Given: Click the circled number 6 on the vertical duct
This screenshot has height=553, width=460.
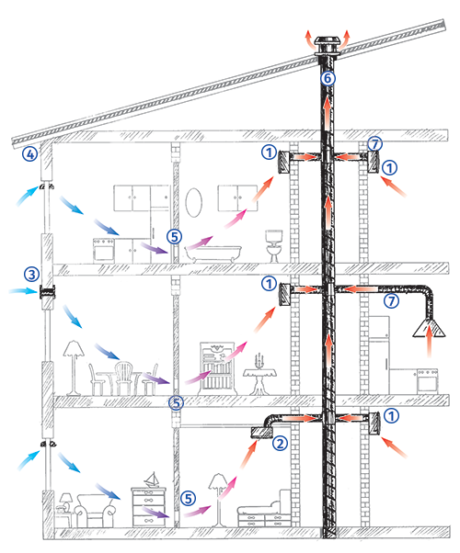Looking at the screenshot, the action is (328, 78).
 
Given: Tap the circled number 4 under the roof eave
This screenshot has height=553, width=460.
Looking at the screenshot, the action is (30, 153).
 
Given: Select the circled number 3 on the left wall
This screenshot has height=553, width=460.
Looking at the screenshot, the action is (32, 274).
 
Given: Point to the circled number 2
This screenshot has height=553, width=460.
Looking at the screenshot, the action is (281, 443).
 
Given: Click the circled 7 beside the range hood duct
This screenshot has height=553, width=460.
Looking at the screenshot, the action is (391, 300).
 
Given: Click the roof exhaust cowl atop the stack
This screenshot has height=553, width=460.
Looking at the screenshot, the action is (328, 46).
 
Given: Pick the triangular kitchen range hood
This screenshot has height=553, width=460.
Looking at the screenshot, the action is (429, 328).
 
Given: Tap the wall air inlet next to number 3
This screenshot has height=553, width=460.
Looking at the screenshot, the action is (47, 292).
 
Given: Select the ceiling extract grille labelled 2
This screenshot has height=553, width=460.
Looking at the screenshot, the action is (261, 433).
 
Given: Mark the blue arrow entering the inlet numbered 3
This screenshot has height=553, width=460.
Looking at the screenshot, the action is (23, 291).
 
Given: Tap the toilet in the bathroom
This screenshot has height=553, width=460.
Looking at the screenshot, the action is (274, 246).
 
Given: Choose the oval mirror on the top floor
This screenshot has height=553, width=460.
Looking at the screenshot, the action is (194, 202).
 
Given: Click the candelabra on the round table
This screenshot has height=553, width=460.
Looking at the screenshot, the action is (259, 360).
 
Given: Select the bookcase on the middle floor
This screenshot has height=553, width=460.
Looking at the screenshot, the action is (217, 367).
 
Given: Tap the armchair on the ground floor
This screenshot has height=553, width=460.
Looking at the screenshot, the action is (96, 511).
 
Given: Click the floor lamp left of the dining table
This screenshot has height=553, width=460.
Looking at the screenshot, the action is (74, 367).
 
